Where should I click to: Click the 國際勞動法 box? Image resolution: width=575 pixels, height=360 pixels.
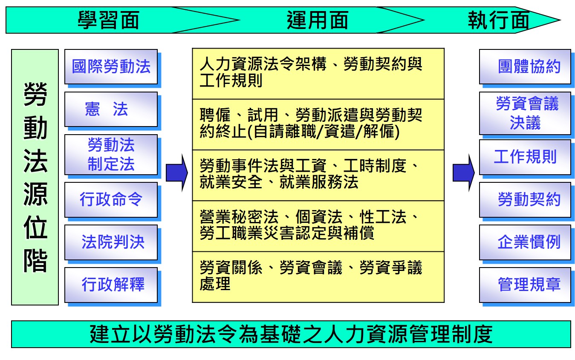(x=111, y=67)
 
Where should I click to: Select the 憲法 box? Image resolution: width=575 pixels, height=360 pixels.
(x=111, y=109)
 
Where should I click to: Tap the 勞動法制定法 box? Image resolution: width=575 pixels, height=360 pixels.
(x=111, y=155)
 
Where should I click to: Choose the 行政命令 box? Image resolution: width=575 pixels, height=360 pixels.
(x=111, y=200)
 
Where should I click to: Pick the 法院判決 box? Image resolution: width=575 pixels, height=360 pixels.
(x=111, y=242)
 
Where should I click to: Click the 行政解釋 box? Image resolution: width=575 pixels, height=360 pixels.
(x=111, y=285)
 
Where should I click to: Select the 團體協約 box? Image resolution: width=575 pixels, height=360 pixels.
(x=525, y=67)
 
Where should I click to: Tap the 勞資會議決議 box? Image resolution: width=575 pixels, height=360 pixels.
(x=525, y=113)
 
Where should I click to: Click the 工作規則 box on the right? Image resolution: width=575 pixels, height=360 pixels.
(x=525, y=157)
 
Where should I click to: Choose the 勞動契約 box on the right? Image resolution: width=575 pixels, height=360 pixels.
(x=525, y=200)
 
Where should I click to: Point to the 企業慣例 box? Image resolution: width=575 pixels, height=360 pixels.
(x=525, y=242)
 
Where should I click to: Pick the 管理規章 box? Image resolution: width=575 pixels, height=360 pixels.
(x=525, y=285)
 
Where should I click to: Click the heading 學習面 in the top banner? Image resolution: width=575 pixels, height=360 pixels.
(x=109, y=20)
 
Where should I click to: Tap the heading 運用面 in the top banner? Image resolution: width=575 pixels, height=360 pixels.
(x=318, y=20)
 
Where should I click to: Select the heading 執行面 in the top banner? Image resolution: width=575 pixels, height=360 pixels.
(x=499, y=20)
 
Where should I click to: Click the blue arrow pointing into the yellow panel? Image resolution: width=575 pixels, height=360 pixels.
(x=177, y=173)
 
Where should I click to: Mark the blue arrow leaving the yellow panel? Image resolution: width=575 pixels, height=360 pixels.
(x=464, y=173)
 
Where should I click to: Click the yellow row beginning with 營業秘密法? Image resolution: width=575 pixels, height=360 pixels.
(x=318, y=226)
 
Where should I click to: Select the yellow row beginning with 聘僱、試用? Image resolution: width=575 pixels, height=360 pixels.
(x=318, y=124)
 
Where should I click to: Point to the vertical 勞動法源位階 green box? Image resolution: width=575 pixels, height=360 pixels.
(x=35, y=177)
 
